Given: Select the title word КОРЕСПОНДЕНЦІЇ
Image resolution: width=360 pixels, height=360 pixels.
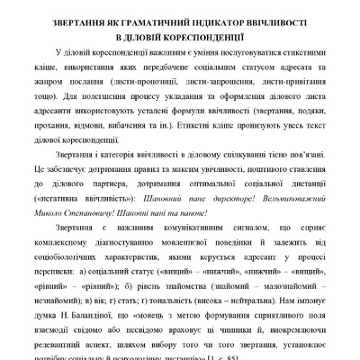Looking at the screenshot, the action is [x=209, y=36].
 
